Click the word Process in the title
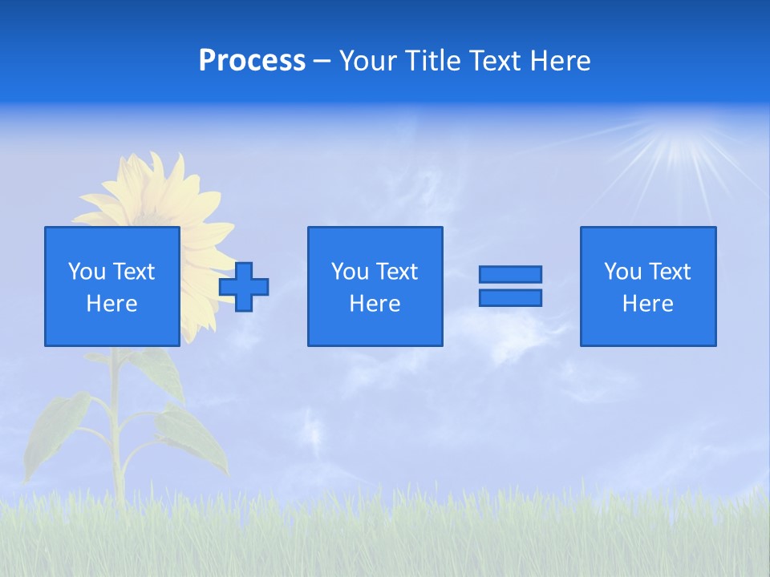click(x=252, y=61)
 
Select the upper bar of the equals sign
click(x=510, y=274)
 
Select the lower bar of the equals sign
click(x=510, y=297)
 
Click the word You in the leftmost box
click(x=87, y=271)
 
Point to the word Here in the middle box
click(x=375, y=304)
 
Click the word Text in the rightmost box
click(x=670, y=271)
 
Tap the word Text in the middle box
click(x=397, y=271)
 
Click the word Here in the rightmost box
click(x=647, y=304)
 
